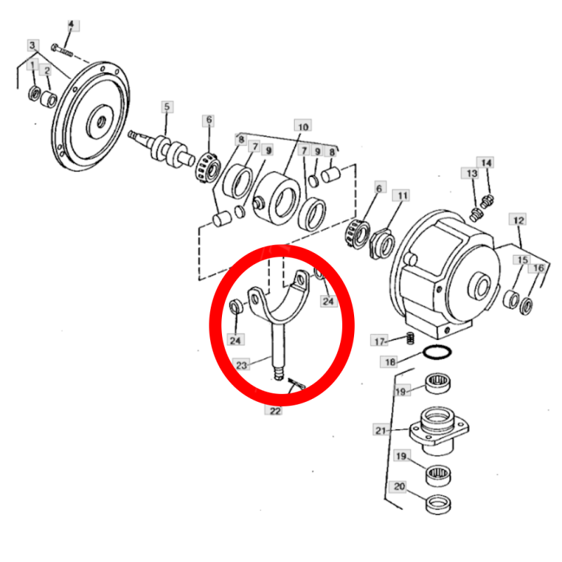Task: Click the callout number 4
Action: click(x=71, y=25)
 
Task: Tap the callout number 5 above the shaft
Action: click(x=166, y=107)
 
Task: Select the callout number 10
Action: click(x=303, y=127)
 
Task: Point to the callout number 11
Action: click(x=403, y=196)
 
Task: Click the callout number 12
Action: click(x=518, y=220)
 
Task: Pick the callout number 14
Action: click(x=485, y=163)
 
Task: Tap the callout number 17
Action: click(x=379, y=341)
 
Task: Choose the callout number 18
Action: click(x=390, y=362)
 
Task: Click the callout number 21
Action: click(x=381, y=430)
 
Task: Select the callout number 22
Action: click(x=275, y=411)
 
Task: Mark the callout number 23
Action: click(x=241, y=365)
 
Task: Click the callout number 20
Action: click(x=399, y=486)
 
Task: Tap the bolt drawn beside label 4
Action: click(x=62, y=51)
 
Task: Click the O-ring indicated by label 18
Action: click(x=437, y=352)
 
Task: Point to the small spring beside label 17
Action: click(x=411, y=338)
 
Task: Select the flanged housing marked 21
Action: click(x=439, y=430)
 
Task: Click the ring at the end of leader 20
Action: click(x=438, y=504)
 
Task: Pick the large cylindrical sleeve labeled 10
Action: click(x=277, y=198)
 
